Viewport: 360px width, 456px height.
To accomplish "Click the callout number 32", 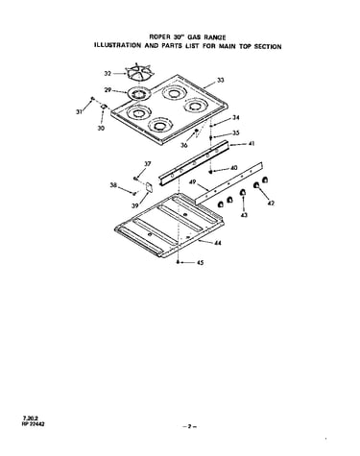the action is pyautogui.click(x=108, y=74).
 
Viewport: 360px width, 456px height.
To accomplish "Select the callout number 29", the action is pyautogui.click(x=108, y=90).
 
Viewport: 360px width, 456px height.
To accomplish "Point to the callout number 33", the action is pyautogui.click(x=221, y=81).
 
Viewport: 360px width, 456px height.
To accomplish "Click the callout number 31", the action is pyautogui.click(x=79, y=111).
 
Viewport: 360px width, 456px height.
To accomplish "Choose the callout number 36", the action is pyautogui.click(x=183, y=145).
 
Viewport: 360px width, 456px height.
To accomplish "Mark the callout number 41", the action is pyautogui.click(x=252, y=144).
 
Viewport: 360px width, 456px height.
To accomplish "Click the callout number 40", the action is pyautogui.click(x=234, y=168).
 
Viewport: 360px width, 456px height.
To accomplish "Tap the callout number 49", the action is pyautogui.click(x=192, y=182).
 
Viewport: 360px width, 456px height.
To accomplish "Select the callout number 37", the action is pyautogui.click(x=147, y=164).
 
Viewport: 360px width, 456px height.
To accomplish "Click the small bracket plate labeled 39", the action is pyautogui.click(x=149, y=187).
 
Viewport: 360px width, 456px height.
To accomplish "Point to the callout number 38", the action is pyautogui.click(x=113, y=185).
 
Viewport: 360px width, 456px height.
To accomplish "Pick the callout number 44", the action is pyautogui.click(x=218, y=243).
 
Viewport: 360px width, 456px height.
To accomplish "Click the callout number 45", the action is pyautogui.click(x=200, y=263).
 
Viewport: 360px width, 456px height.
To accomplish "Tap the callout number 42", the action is pyautogui.click(x=271, y=203).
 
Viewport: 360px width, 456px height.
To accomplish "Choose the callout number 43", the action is pyautogui.click(x=244, y=215).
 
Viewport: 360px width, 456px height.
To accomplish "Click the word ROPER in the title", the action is pyautogui.click(x=159, y=36).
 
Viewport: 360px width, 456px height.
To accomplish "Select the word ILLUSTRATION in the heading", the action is pyautogui.click(x=117, y=45).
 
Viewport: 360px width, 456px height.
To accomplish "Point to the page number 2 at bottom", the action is pyautogui.click(x=189, y=426).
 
